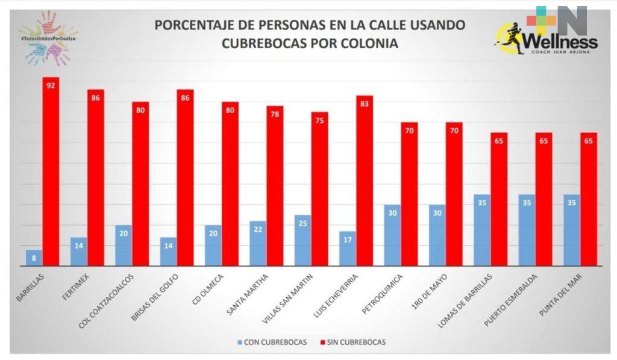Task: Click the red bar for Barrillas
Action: [x=51, y=175]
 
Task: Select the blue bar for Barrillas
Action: [x=34, y=258]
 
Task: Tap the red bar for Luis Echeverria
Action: [x=365, y=181]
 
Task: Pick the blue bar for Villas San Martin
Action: [x=303, y=240]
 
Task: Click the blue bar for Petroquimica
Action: [x=392, y=235]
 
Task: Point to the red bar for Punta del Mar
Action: [x=588, y=199]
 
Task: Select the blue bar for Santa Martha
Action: [x=258, y=243]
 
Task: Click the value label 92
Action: [x=51, y=85]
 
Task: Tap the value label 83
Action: [x=365, y=104]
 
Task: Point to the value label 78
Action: [x=275, y=114]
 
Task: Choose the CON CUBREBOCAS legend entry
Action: [x=272, y=342]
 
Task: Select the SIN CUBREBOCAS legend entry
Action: [x=351, y=342]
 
